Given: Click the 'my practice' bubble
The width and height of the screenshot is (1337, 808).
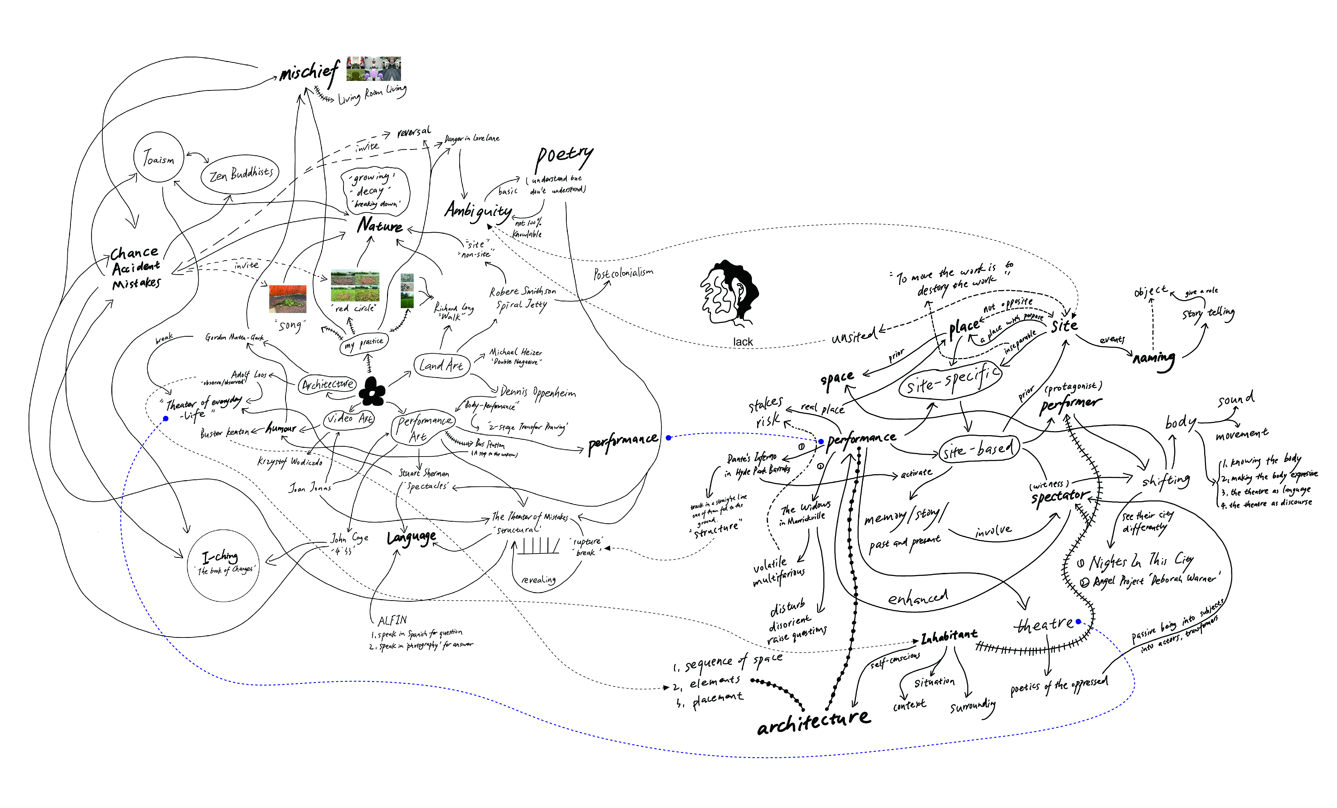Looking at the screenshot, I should tap(364, 343).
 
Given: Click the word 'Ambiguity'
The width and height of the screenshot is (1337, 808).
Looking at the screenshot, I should tap(478, 211).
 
